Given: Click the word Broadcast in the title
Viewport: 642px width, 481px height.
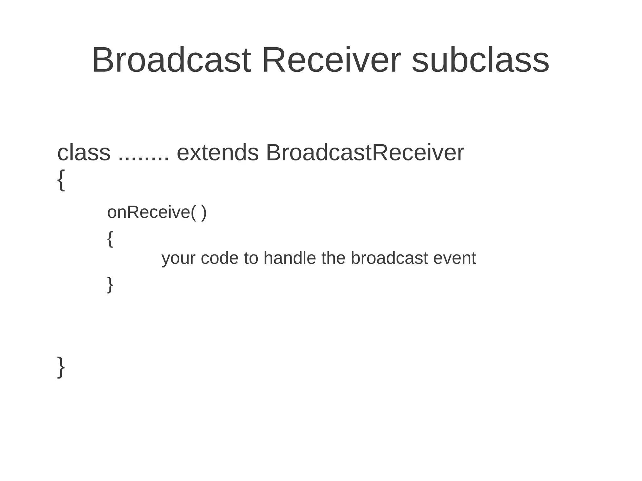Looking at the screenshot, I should point(171,60).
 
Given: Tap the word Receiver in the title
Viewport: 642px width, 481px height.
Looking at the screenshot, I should point(331,60).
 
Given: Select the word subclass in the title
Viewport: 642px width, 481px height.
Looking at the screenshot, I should point(480,60).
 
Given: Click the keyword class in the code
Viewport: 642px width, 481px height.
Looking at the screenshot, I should point(84,153).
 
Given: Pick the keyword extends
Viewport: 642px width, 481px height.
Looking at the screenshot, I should point(218,153).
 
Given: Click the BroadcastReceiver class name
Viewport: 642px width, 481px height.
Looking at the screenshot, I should point(365,153).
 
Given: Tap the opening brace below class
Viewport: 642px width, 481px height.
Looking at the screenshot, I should point(61,180).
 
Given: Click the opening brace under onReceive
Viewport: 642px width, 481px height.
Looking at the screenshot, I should point(110,239).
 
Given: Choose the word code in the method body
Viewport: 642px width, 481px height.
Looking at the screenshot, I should point(219,258).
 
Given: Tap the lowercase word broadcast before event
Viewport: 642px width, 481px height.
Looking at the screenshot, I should point(389,258).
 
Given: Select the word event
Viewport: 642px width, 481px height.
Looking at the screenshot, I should point(455,258).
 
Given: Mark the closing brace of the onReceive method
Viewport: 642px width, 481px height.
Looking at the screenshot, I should point(110,285).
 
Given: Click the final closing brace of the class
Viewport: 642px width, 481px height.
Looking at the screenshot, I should point(61,367).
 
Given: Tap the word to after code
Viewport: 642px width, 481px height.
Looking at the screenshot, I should point(251,258).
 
